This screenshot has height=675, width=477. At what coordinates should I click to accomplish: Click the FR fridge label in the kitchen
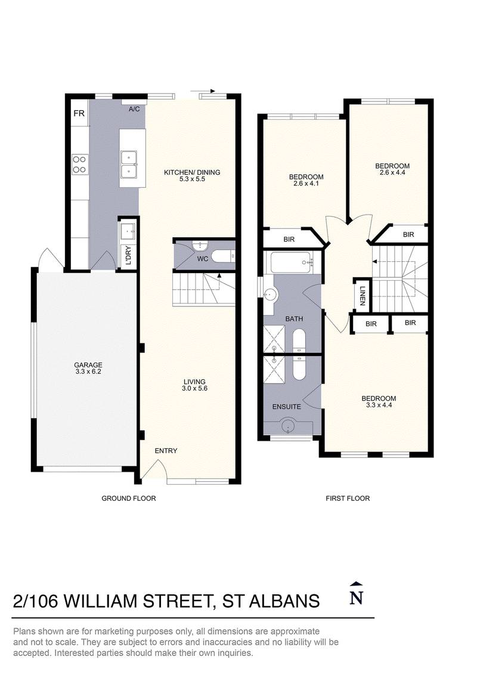pos(78,113)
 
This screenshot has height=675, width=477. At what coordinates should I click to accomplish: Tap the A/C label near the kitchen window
pos(135,109)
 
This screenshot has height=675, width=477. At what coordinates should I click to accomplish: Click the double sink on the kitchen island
pos(129,165)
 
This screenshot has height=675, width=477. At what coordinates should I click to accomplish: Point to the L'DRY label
pos(128,256)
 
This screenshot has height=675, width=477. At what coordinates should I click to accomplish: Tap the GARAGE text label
pos(88,365)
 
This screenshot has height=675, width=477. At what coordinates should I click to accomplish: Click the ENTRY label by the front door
pos(166,451)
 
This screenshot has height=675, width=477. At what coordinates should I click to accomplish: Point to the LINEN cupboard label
pos(362,295)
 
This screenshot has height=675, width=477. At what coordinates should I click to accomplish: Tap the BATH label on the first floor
pos(293,319)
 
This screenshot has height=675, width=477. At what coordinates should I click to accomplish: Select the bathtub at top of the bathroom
pos(291,262)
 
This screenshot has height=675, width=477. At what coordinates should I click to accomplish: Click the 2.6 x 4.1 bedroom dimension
pos(306,184)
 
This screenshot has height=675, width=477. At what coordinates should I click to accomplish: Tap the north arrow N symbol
pos(356,596)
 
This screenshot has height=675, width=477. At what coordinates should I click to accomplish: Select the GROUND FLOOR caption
pos(129,498)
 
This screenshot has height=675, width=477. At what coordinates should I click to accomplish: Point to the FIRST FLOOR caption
pos(348,498)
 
